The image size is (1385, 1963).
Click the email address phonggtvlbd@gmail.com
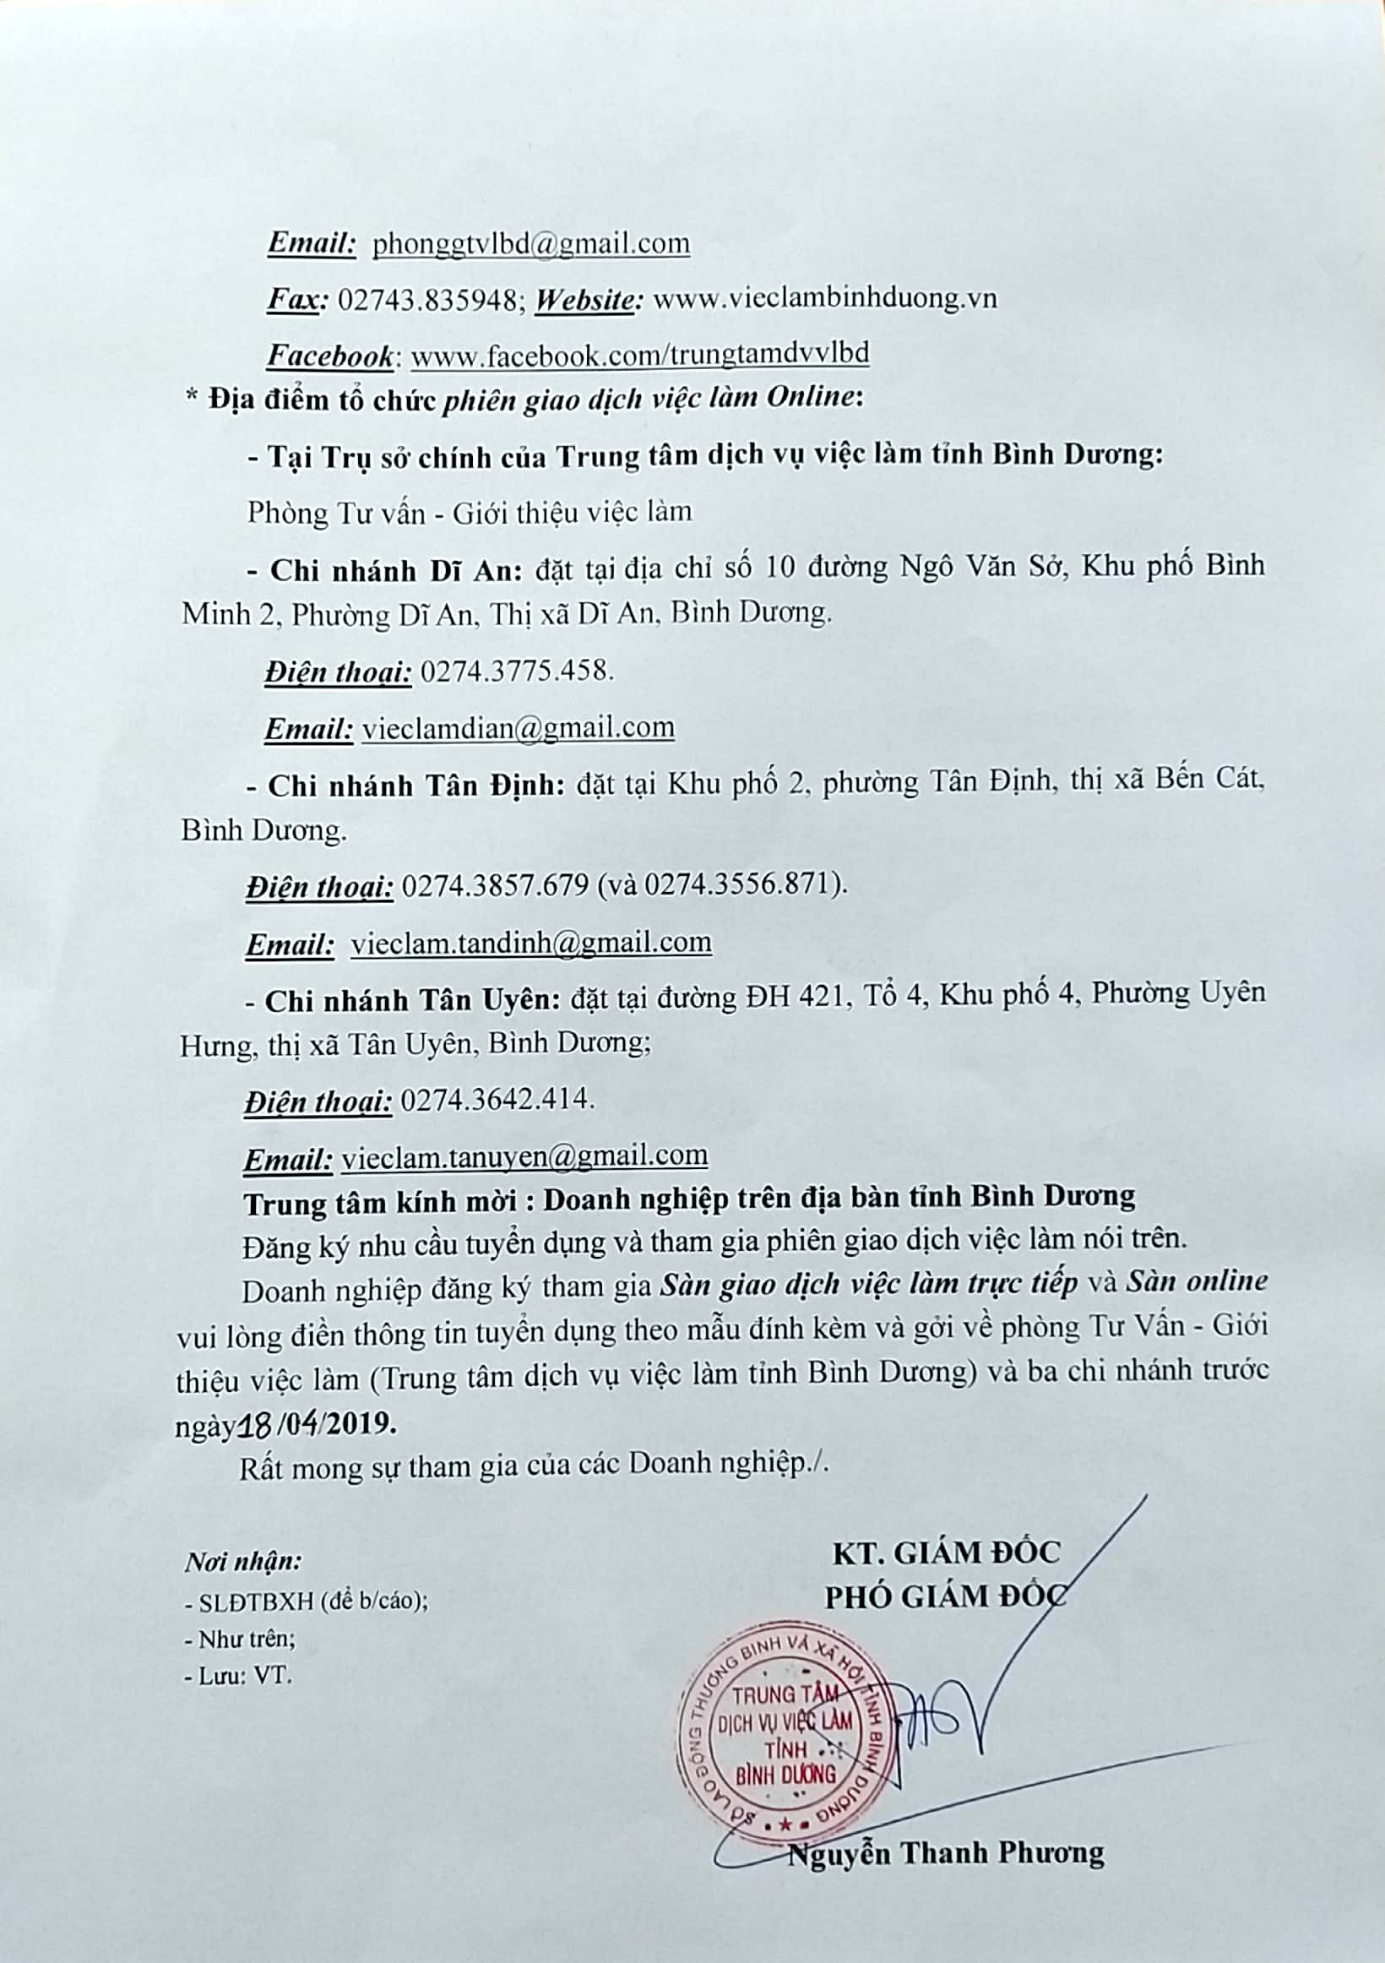(531, 243)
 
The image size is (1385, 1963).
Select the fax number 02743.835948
(426, 298)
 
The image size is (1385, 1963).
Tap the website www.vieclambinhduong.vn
(824, 298)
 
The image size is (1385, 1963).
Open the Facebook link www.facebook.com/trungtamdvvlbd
(639, 354)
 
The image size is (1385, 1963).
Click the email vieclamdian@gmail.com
(518, 727)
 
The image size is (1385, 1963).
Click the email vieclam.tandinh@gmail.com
(531, 942)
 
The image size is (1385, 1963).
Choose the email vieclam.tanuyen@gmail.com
(524, 1156)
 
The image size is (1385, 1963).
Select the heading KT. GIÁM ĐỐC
(947, 1552)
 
